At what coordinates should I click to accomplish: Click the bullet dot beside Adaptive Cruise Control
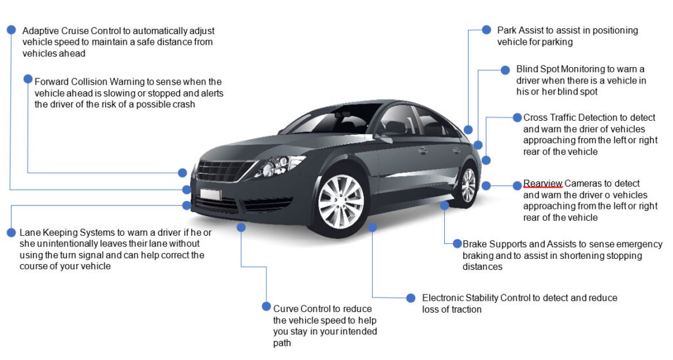coord(11,30)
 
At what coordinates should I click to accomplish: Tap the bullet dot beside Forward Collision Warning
coord(28,79)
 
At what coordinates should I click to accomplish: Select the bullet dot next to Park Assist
coord(486,30)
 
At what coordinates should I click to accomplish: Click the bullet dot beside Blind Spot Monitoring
coord(505,69)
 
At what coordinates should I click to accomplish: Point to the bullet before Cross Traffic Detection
coord(517,118)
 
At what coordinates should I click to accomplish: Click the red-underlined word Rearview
coord(542,183)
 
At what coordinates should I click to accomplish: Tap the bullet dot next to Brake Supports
coord(457,243)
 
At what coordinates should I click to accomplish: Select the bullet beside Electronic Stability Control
coord(411,298)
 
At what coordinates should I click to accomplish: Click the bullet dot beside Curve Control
coord(266,306)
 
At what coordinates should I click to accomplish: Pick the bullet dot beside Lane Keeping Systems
coord(11,232)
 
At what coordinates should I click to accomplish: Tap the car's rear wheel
coord(468,185)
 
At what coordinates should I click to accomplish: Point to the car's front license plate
coord(210,194)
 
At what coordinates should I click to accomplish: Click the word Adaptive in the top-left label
coord(41,31)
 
